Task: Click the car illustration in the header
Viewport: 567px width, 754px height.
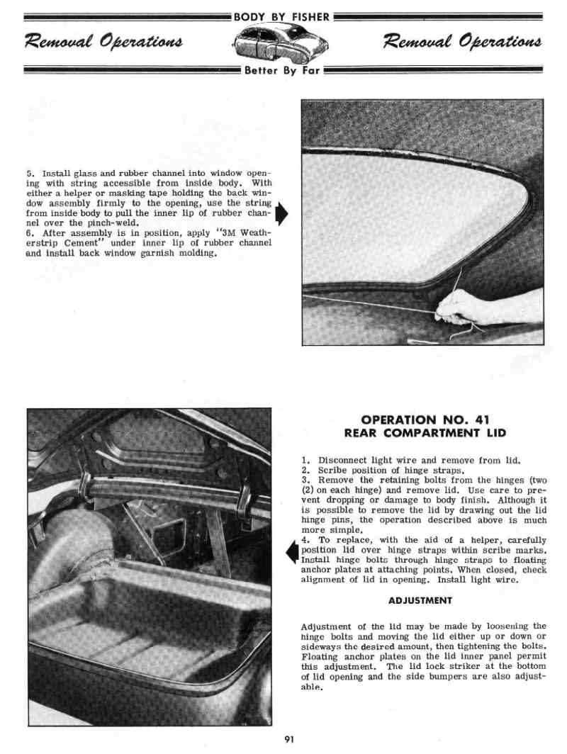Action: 283,43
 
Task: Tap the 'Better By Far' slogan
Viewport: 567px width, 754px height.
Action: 283,70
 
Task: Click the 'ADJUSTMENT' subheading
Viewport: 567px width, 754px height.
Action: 420,600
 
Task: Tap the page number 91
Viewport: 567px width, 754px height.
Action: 288,740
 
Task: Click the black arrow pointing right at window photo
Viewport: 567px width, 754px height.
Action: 281,213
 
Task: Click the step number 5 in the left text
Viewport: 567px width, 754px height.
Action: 29,174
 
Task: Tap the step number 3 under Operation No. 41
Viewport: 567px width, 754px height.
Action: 305,480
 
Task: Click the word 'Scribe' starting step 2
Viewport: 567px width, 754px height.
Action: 332,470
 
